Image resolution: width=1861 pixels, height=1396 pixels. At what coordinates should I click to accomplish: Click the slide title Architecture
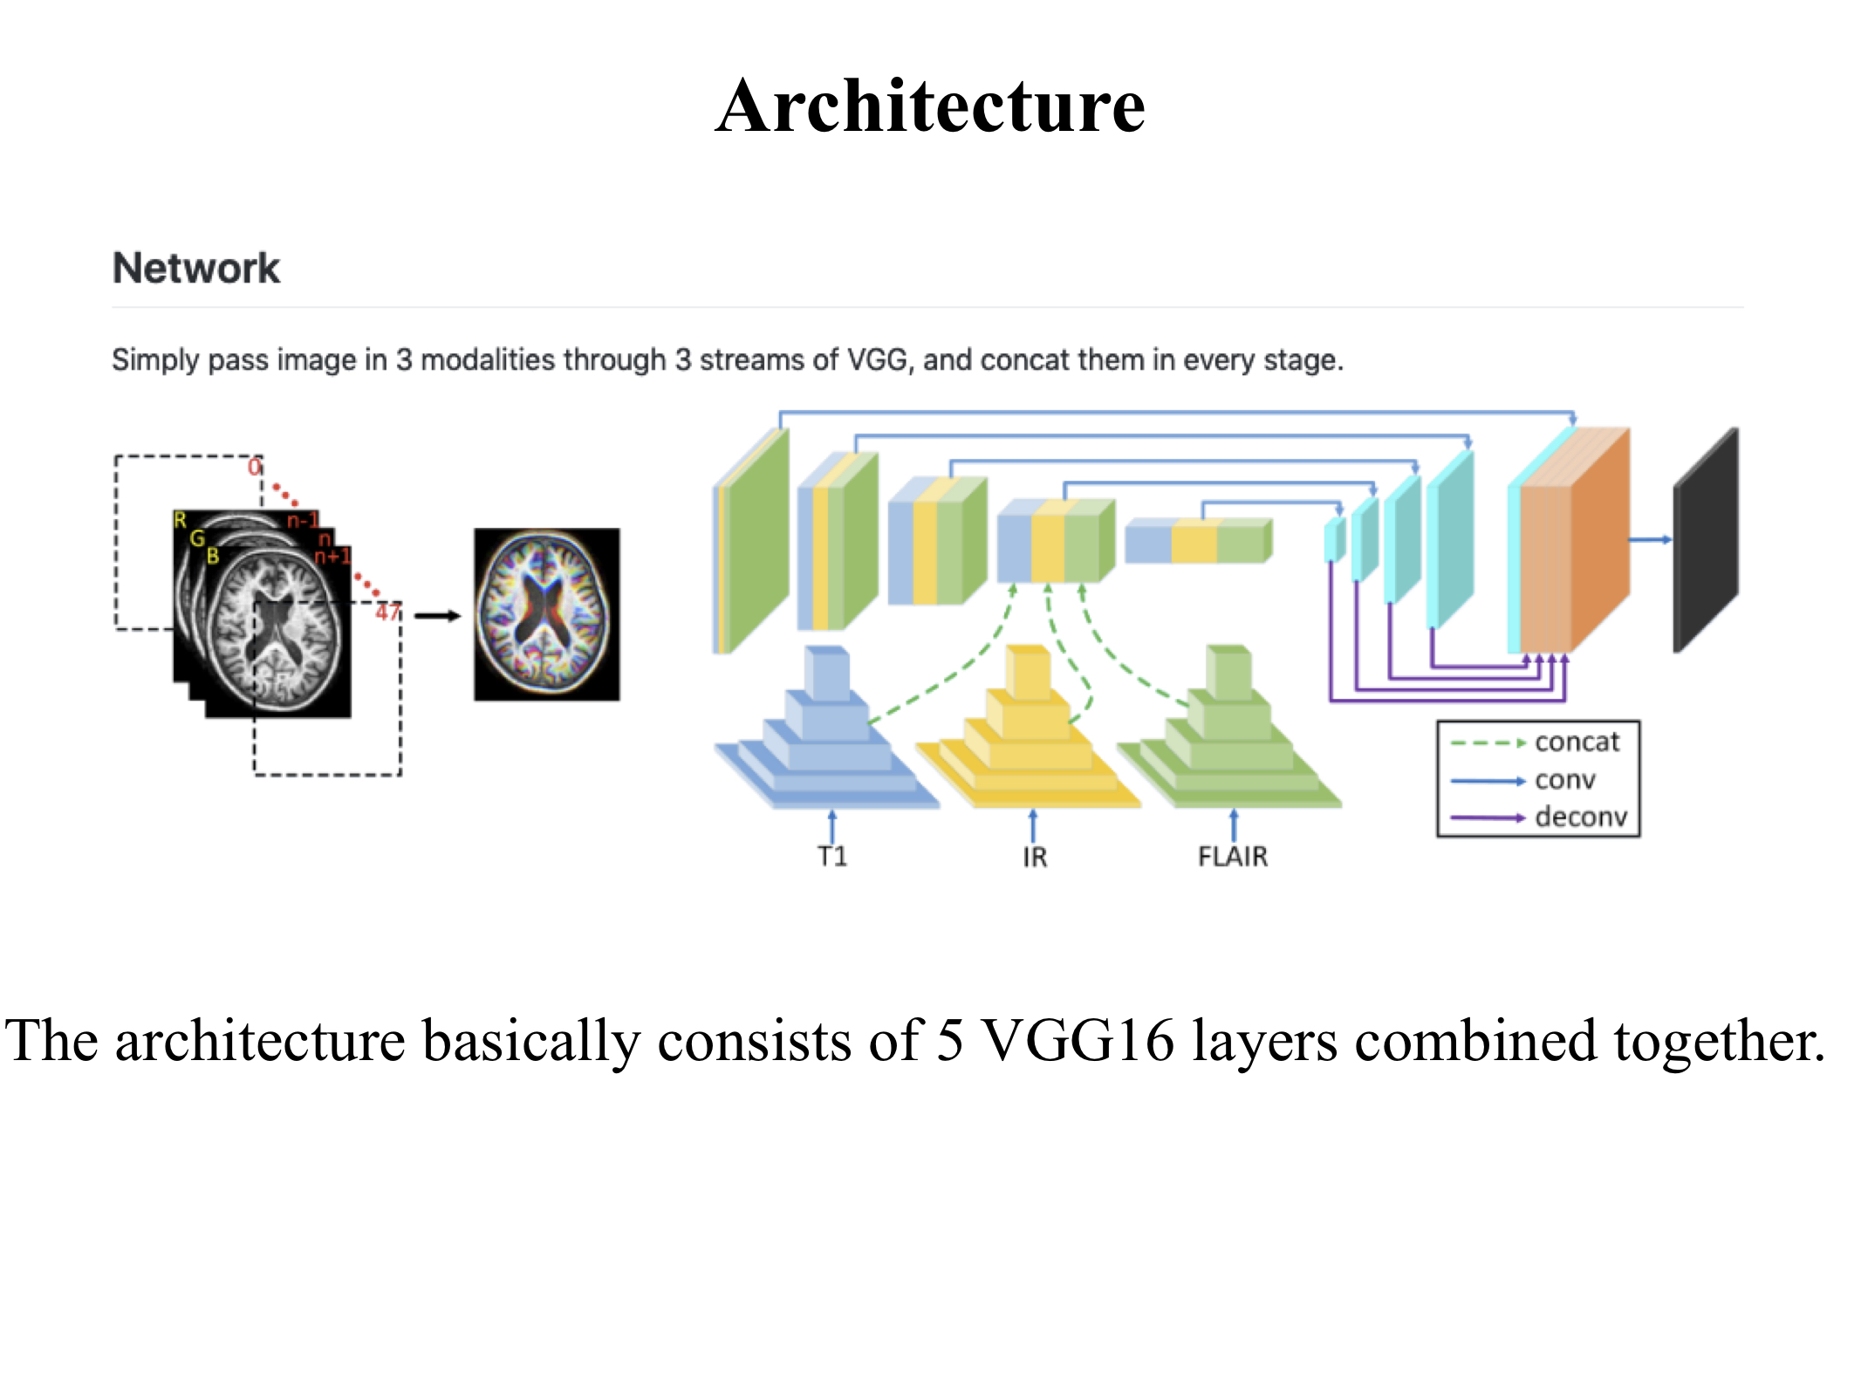[x=930, y=106]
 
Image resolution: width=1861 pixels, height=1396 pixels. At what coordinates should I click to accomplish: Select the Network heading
[x=196, y=268]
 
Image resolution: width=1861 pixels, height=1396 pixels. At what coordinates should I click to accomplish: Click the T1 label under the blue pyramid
[x=832, y=856]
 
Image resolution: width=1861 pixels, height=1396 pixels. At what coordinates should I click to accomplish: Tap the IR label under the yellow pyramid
[x=1035, y=857]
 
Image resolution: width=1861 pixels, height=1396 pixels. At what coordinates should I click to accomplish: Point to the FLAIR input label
[x=1233, y=856]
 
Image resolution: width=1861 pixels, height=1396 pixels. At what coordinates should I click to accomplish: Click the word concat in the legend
[x=1577, y=742]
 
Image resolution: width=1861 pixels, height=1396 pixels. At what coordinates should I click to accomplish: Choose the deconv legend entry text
[x=1581, y=817]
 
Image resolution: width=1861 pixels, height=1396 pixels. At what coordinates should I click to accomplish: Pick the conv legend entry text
[x=1565, y=779]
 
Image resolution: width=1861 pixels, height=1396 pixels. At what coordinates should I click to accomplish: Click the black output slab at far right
[x=1705, y=541]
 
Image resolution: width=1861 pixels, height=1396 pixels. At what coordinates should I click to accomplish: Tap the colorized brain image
[x=547, y=614]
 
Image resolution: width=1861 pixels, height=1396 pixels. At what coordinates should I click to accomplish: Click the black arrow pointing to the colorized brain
[x=437, y=616]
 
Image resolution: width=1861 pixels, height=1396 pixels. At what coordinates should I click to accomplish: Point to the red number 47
[x=387, y=612]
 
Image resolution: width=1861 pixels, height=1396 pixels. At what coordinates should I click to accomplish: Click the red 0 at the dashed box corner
[x=254, y=467]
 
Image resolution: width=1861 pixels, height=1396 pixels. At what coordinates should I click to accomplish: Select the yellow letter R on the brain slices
[x=181, y=521]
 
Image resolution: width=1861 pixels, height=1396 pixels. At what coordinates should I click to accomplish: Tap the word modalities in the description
[x=540, y=359]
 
